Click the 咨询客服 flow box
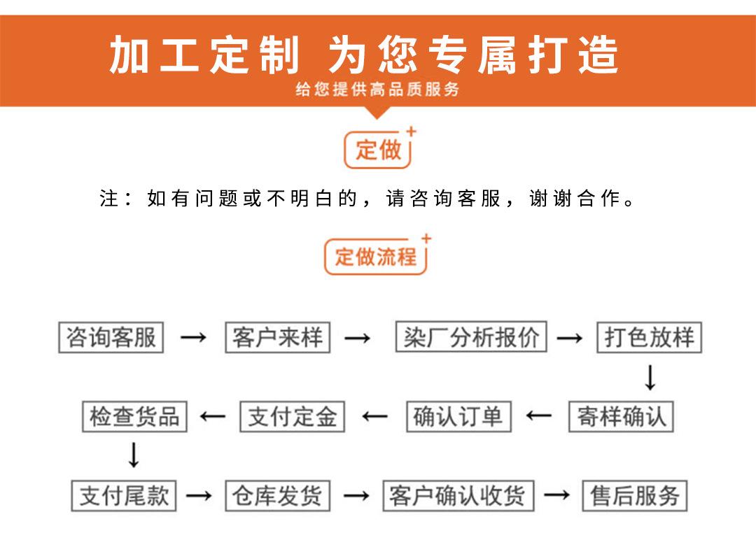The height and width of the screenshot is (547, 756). click(x=111, y=338)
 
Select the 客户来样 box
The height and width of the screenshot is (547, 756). click(x=277, y=338)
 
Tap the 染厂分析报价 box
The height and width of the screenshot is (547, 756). click(x=470, y=338)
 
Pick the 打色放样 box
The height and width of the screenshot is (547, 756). click(x=649, y=338)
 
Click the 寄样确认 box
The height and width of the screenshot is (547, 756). click(x=621, y=417)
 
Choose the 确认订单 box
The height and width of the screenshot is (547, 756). click(x=458, y=417)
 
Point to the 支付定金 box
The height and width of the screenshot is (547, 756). click(x=293, y=417)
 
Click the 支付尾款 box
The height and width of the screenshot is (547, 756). click(x=124, y=496)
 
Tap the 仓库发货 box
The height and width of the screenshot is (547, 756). click(x=277, y=496)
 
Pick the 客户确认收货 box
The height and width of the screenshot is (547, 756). click(x=458, y=496)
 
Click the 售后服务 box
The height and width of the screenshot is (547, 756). click(x=635, y=496)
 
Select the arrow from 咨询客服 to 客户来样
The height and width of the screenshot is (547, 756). click(x=193, y=339)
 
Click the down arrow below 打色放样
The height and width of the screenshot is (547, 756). click(x=650, y=378)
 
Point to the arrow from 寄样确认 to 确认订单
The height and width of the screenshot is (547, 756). click(x=539, y=417)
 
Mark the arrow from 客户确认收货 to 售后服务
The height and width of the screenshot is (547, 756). click(x=557, y=496)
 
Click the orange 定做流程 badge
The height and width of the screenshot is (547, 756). click(x=376, y=257)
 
